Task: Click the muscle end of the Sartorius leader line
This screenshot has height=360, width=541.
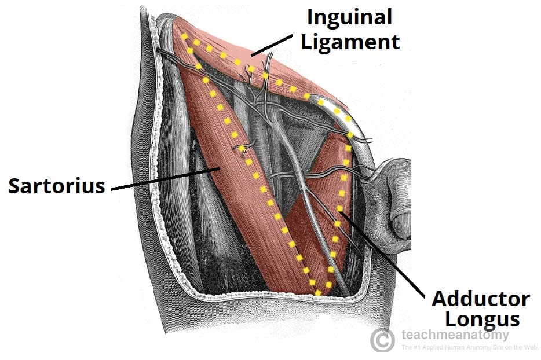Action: [x=220, y=168]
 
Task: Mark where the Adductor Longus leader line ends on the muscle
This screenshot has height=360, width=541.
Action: [x=339, y=213]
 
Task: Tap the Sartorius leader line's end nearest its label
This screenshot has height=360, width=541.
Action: [x=112, y=189]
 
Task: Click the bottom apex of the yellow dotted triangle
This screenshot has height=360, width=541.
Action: [x=318, y=293]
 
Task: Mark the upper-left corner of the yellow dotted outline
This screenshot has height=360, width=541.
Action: [x=184, y=36]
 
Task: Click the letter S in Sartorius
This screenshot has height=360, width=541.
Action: [x=14, y=186]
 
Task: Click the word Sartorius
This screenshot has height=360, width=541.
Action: [x=57, y=186]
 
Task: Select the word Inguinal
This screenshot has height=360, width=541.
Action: [x=349, y=17]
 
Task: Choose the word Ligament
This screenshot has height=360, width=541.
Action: [x=350, y=43]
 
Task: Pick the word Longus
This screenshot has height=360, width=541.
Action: [x=482, y=320]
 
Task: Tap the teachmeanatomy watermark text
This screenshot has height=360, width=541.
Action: [x=455, y=335]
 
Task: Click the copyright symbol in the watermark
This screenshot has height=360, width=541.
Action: [x=382, y=340]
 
